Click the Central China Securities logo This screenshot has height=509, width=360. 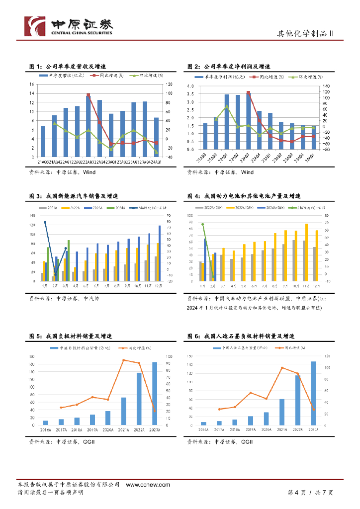click(x=69, y=26)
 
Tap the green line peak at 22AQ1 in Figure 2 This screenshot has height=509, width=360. click(x=227, y=106)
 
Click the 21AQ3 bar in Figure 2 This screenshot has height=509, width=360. click(x=205, y=136)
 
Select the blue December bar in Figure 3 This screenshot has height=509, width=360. click(x=160, y=254)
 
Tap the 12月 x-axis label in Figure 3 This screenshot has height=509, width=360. click(x=158, y=286)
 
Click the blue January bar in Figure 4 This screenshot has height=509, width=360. click(x=205, y=260)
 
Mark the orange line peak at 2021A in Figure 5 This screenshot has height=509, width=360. click(x=124, y=360)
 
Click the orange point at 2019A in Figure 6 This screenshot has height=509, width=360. click(x=251, y=393)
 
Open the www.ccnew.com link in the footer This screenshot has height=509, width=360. click(x=148, y=485)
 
